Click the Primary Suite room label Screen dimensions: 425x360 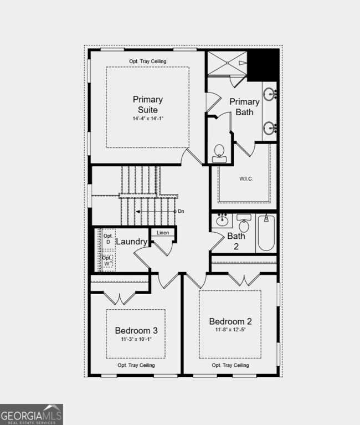[148, 104]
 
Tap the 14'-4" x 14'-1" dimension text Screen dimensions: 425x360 [148, 119]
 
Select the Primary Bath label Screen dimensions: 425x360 [244, 106]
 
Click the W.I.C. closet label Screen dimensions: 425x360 [246, 178]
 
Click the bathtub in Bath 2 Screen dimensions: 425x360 [266, 233]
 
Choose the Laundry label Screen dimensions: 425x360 [132, 242]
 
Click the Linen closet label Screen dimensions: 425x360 [163, 233]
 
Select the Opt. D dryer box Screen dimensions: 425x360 [108, 239]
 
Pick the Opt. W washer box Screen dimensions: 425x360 [108, 260]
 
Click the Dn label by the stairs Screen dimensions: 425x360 [181, 211]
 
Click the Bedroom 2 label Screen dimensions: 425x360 [230, 321]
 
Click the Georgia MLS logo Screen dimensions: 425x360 [32, 414]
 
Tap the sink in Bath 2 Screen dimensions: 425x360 [223, 222]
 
